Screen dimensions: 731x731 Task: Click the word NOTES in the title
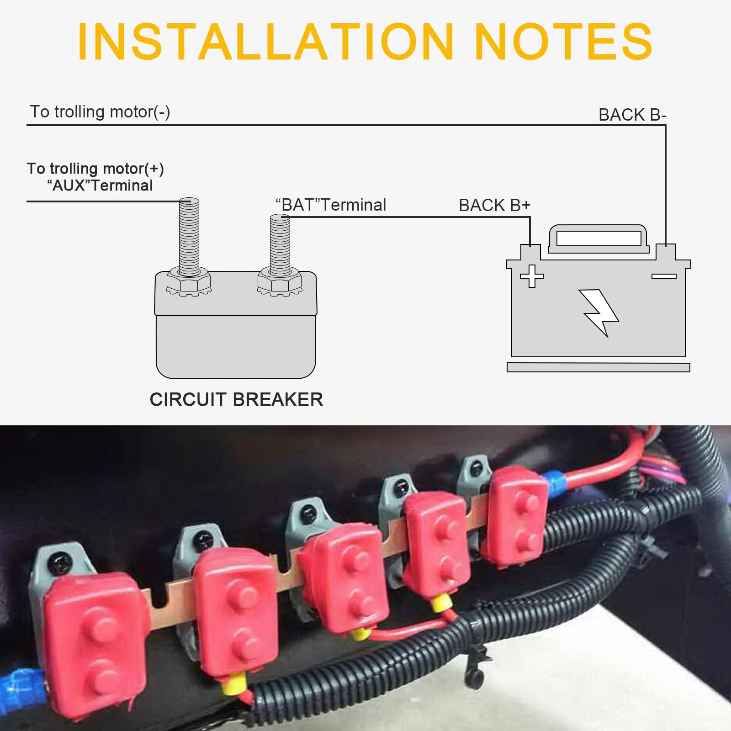[564, 41]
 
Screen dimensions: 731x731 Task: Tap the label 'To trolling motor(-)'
[100, 112]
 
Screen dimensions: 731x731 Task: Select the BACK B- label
[632, 115]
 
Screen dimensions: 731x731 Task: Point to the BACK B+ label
[494, 205]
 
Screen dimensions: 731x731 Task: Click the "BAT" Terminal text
[331, 205]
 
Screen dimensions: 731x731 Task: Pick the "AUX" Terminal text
[100, 185]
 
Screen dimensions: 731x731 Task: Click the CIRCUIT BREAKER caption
[236, 400]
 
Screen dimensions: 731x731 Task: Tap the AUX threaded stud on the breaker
[189, 235]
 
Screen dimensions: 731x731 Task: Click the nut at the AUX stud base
[188, 282]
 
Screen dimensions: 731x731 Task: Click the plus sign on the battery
[532, 276]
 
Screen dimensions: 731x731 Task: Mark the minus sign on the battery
[664, 276]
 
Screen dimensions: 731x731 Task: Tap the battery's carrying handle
[599, 238]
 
